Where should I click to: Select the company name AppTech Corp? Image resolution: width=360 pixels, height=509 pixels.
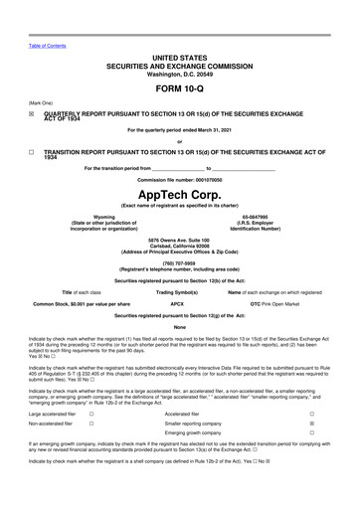pos(179,192)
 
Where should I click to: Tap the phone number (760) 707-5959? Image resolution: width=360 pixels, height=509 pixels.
pos(179,263)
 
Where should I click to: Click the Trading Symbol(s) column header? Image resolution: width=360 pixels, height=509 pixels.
pos(179,292)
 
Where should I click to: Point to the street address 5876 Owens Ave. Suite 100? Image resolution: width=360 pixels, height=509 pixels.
pos(180,240)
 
